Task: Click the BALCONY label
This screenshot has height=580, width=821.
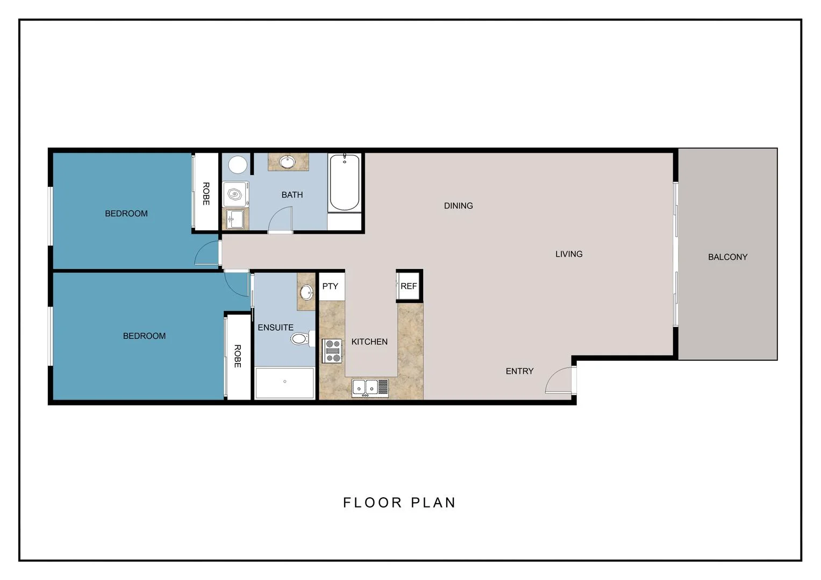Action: click(727, 257)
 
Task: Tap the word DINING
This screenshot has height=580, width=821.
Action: click(458, 206)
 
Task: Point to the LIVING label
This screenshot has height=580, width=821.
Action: click(569, 254)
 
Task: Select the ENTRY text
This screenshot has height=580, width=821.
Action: click(519, 371)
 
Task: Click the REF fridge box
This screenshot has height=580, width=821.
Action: click(409, 286)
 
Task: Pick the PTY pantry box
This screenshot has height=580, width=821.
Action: click(331, 286)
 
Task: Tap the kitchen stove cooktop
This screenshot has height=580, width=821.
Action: click(332, 351)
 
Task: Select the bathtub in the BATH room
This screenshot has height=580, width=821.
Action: click(345, 183)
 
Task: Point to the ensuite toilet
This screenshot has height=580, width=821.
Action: click(300, 339)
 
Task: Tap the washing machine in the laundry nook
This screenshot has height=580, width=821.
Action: click(235, 194)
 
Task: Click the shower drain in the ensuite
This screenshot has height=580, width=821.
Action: click(284, 381)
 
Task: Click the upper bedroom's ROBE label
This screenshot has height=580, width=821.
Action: click(206, 194)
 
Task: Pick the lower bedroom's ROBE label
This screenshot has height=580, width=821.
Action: click(238, 356)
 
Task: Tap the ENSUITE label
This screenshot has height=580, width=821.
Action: click(275, 328)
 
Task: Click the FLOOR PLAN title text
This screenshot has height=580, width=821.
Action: click(399, 503)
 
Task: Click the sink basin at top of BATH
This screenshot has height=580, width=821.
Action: click(288, 161)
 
